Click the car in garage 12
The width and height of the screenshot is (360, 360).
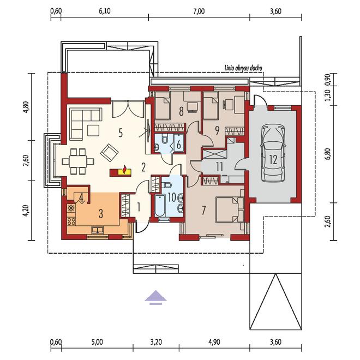[273, 153]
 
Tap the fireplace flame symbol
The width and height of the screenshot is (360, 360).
[125, 169]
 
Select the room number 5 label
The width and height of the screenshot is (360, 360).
[121, 133]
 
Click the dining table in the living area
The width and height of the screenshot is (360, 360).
[78, 161]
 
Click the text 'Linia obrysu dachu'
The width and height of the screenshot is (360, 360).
[243, 68]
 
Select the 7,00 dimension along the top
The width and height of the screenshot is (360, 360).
[199, 11]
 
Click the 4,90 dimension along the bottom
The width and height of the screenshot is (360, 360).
[214, 343]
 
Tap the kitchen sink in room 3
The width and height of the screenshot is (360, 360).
[98, 230]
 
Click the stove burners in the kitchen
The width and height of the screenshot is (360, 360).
[71, 221]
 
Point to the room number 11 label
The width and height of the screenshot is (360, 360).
[219, 167]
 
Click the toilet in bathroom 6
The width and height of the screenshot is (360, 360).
[165, 139]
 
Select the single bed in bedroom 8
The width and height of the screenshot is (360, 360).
[163, 105]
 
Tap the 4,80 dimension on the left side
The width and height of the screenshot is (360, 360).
[27, 107]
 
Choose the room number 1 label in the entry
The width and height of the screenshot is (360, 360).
[139, 208]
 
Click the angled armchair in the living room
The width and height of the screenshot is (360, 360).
[109, 152]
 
